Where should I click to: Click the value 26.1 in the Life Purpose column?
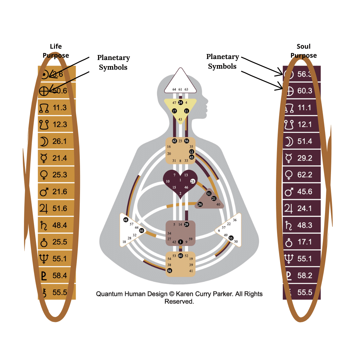point(60,141)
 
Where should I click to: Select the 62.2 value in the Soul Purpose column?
point(305,175)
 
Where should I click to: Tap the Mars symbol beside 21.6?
point(44,192)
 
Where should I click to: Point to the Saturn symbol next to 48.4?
point(44,225)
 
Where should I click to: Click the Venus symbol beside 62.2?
point(289,175)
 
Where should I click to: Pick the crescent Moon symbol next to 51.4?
point(289,141)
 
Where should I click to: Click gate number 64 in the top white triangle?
point(174,89)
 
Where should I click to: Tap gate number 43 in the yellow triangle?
point(180,119)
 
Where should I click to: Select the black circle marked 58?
point(169,271)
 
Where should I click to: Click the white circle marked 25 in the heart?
point(193,181)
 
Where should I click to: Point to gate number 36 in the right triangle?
point(235,220)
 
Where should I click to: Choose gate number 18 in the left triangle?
point(124,242)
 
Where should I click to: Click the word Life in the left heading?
point(56,46)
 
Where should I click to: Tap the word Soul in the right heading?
point(303,46)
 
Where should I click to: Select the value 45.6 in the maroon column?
point(305,192)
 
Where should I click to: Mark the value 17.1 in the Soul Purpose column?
point(305,242)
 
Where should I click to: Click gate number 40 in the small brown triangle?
point(218,204)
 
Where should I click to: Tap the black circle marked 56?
point(186,141)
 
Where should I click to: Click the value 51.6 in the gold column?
point(60,209)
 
